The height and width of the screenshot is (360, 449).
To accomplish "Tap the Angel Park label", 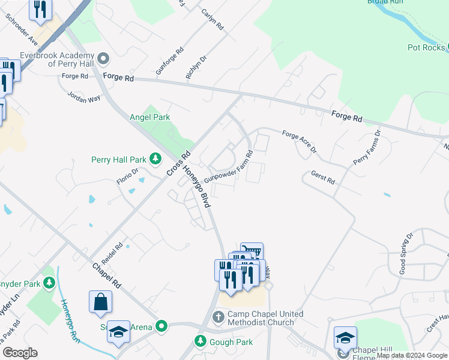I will (x=150, y=118).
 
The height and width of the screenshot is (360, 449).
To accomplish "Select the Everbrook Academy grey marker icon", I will (x=104, y=58).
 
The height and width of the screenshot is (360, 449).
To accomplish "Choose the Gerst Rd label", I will (x=322, y=177).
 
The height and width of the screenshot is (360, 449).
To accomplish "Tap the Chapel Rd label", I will (x=107, y=275).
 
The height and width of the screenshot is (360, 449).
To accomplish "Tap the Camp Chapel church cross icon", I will (x=218, y=316).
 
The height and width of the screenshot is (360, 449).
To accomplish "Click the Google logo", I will (x=20, y=353).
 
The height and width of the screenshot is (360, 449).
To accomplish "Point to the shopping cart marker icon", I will (x=252, y=251).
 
